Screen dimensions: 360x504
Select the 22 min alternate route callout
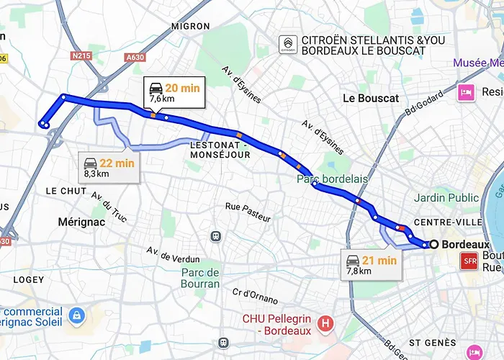click(109, 167)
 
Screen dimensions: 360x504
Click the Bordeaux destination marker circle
click(433, 245)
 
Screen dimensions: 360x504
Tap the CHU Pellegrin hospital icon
click(327, 325)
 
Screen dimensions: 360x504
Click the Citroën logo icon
click(288, 45)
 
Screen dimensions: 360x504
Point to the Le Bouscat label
click(370, 98)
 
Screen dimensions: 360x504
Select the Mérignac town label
click(81, 222)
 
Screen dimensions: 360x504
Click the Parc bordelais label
click(332, 179)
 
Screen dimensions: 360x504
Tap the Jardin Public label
click(446, 197)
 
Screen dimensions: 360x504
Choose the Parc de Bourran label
click(200, 278)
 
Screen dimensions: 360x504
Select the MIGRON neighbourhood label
click(190, 26)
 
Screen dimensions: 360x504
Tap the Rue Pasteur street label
click(248, 207)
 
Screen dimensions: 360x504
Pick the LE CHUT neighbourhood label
click(66, 191)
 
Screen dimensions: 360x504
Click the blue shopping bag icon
click(76, 315)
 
